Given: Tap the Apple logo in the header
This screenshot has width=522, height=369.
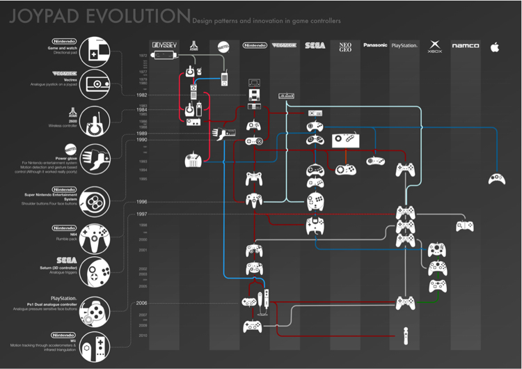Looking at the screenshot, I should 495,46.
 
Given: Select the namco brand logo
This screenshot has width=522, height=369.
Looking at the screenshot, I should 465,46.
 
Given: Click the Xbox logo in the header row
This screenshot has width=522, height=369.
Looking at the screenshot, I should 435,47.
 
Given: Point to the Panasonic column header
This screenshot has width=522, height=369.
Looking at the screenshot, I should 374,45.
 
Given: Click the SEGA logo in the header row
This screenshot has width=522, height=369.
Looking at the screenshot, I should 315,45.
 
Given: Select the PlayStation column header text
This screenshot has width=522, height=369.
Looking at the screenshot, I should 404,45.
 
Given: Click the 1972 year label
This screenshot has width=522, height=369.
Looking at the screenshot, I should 143,54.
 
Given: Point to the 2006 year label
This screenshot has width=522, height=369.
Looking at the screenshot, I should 141,304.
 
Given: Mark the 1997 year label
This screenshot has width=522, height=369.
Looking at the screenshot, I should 141,213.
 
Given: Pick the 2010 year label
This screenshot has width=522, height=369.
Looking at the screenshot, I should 143,335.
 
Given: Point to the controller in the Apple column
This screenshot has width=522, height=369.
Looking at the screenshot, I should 496,178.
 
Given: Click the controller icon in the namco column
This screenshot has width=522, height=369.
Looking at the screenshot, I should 464,226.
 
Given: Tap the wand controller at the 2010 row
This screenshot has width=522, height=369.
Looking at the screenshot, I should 404,335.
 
